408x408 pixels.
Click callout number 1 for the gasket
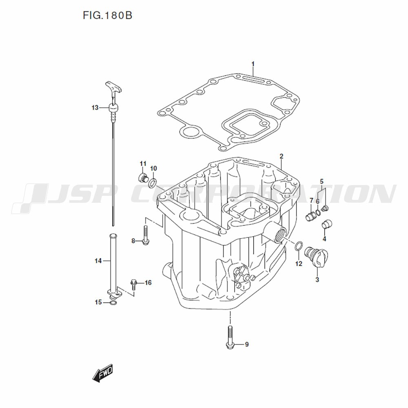click(x=253, y=64)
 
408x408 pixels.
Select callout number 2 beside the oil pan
click(x=282, y=156)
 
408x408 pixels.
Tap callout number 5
click(x=322, y=181)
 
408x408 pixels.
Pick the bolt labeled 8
click(x=146, y=236)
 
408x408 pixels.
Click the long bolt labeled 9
click(x=230, y=337)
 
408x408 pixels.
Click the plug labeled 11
click(x=142, y=177)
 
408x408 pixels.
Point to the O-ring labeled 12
click(x=299, y=246)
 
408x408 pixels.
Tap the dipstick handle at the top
click(x=113, y=87)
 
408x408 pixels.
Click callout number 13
click(x=95, y=108)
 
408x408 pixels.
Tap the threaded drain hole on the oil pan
click(x=279, y=233)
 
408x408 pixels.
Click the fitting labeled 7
click(x=311, y=215)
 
